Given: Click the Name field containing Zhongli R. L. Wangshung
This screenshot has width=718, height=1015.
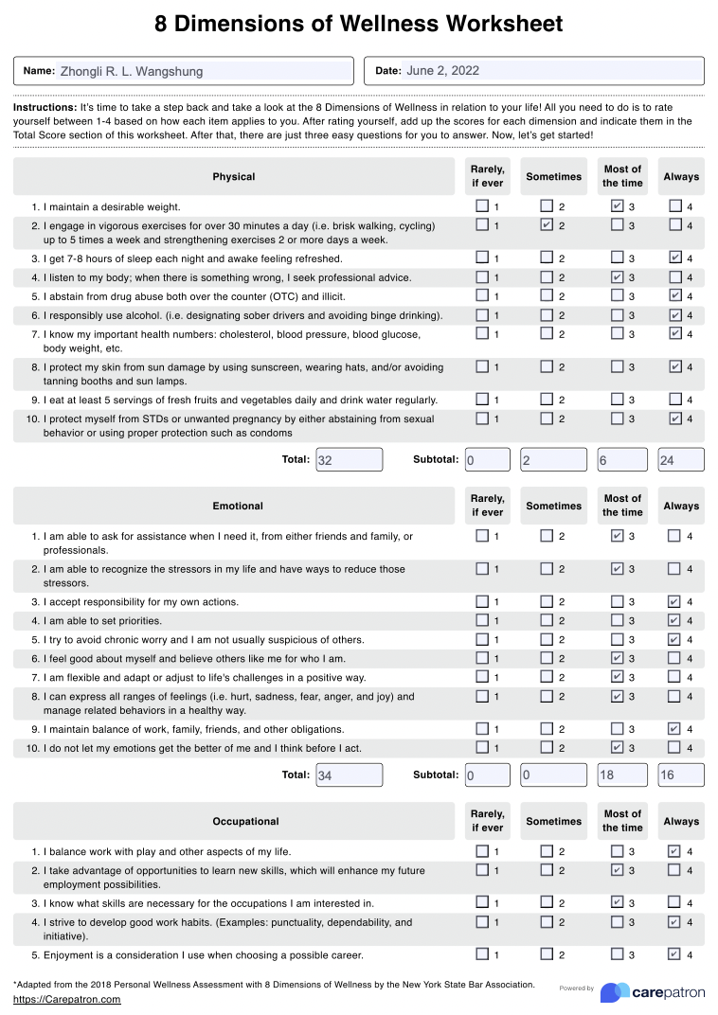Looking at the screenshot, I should (204, 71).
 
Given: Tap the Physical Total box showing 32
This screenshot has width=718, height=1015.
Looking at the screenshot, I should (349, 460).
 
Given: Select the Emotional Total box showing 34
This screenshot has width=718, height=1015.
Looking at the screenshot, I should (349, 775).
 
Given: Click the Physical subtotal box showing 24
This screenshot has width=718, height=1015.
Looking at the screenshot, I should (681, 460).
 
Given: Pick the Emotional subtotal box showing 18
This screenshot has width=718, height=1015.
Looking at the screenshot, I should (619, 775).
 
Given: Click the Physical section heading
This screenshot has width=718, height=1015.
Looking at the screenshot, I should (233, 177).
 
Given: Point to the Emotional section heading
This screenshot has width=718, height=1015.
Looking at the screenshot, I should (238, 506).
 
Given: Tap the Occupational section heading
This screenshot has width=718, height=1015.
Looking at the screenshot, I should (245, 821).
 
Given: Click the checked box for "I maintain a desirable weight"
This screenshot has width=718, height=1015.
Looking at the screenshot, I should (618, 206).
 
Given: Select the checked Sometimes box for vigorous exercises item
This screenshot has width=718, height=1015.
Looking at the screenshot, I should (547, 225).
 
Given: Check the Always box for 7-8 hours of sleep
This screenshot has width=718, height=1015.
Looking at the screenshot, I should (674, 258).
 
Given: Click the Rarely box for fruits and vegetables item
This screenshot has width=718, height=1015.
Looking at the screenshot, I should (482, 400).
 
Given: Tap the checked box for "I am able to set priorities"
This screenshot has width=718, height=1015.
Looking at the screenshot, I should (674, 620).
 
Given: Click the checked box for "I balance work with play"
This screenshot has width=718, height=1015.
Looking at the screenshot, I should (674, 851).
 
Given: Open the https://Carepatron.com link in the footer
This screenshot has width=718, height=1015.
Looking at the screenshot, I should (67, 999).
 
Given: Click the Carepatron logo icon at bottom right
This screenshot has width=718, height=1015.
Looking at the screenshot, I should (616, 992).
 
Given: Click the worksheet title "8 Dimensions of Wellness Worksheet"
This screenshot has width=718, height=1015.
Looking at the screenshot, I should (359, 24).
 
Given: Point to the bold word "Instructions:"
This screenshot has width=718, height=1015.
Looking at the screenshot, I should (45, 108).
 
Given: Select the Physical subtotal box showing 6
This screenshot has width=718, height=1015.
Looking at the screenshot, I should (619, 460).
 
